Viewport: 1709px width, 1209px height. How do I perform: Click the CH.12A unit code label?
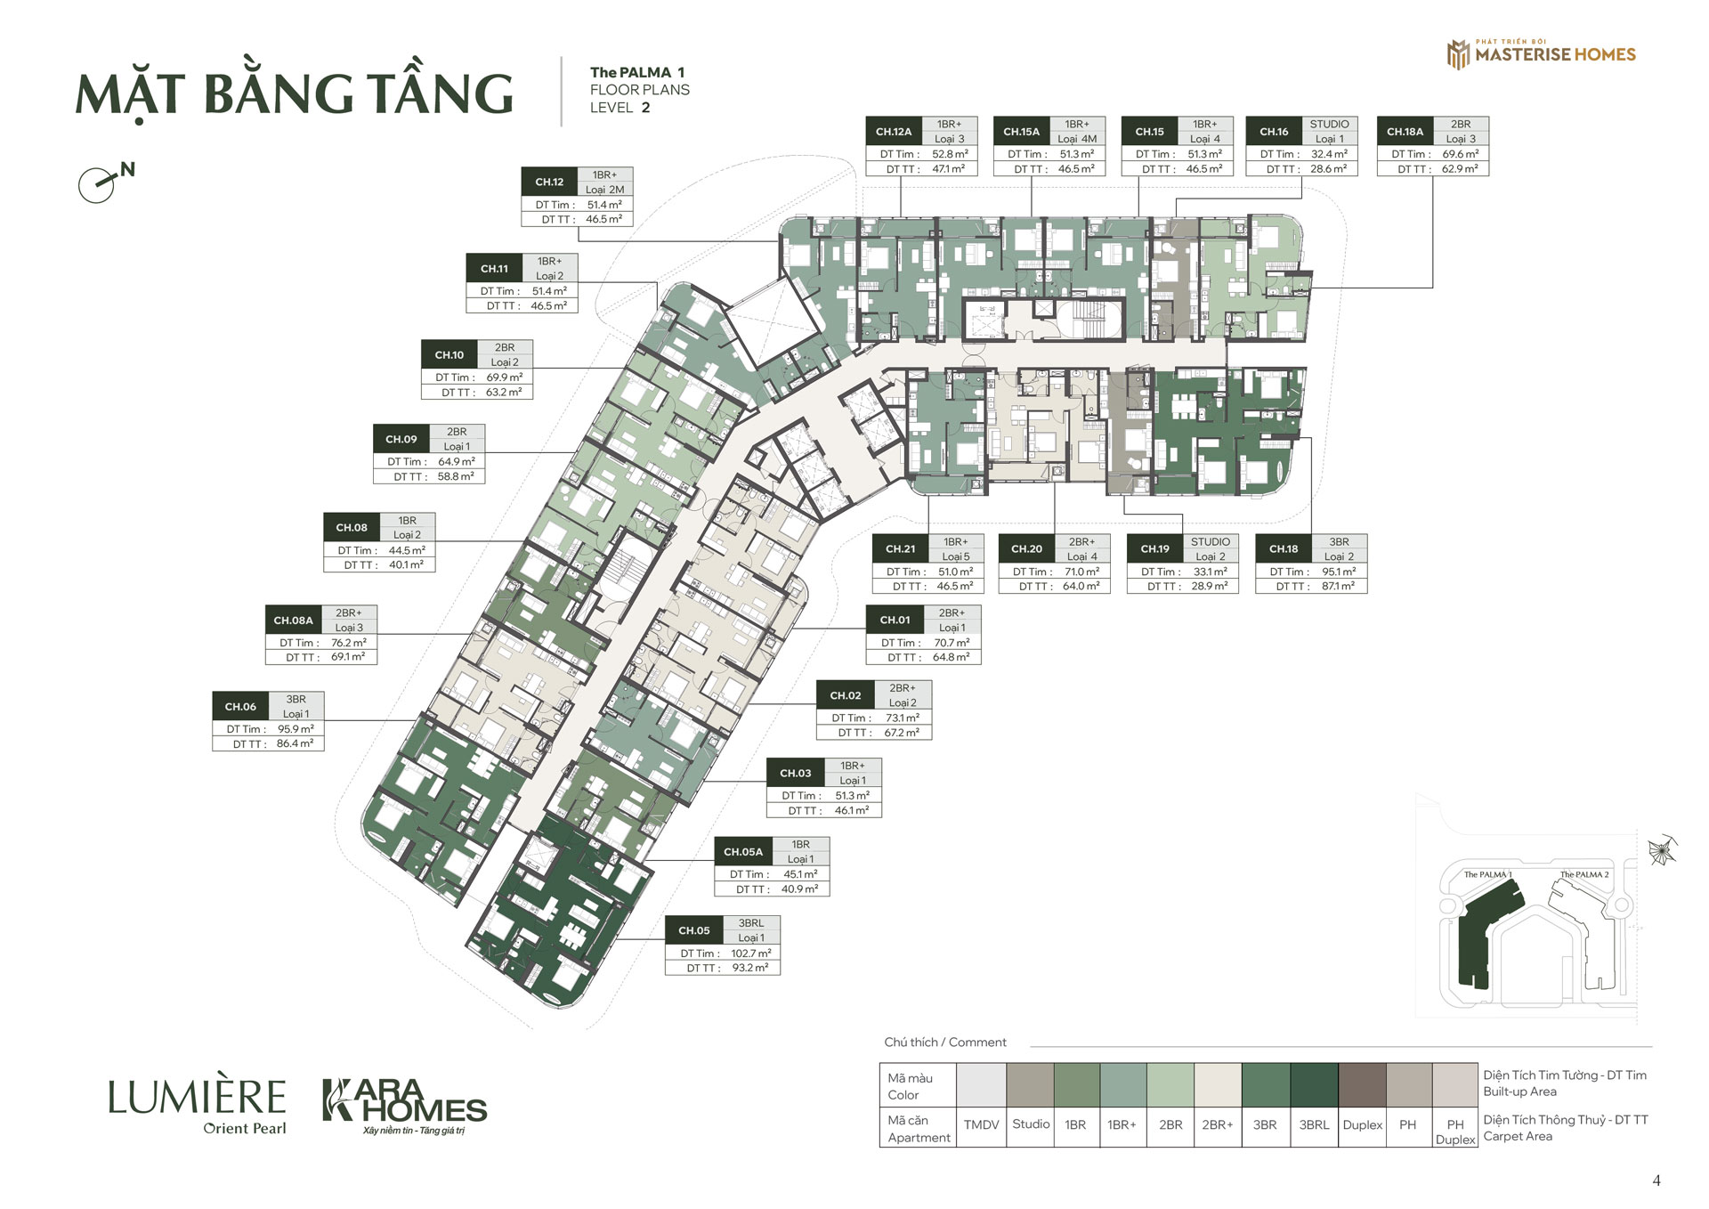[893, 132]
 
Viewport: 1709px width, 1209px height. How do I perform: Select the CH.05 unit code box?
[694, 930]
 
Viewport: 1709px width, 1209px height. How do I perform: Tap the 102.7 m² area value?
[751, 953]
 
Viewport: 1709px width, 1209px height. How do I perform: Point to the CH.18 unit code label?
[1284, 549]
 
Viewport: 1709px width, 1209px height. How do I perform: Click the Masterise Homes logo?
[1541, 53]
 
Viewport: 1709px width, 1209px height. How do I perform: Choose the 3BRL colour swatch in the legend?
[1314, 1085]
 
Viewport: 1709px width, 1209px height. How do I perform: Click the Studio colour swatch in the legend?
[1031, 1085]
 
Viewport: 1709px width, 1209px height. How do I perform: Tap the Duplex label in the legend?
[1363, 1125]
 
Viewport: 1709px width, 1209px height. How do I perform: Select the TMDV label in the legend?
[981, 1125]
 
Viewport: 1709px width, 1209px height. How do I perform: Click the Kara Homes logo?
[405, 1106]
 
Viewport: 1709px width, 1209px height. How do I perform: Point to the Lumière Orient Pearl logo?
[198, 1107]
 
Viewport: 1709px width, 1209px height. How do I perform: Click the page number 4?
[1656, 1181]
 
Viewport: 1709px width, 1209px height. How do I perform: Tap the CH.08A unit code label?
[293, 621]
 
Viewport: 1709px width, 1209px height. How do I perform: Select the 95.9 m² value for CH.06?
[296, 729]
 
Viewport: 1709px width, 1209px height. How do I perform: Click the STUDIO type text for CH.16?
[1329, 125]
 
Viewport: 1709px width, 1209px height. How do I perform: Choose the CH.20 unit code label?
[1026, 549]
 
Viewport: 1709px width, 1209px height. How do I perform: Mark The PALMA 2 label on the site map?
[1584, 874]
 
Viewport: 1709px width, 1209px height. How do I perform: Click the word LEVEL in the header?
[612, 108]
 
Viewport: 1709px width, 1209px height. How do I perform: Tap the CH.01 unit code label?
[895, 621]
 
